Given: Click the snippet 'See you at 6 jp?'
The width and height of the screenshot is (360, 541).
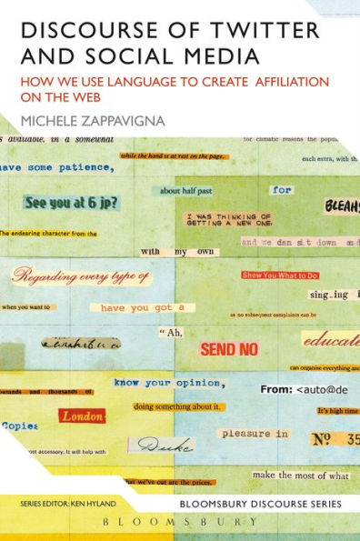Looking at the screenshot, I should pos(68,202).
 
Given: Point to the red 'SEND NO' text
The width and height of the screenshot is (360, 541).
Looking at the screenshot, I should pos(229,349).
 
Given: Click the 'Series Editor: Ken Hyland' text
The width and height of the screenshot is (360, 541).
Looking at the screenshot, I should pos(60,503).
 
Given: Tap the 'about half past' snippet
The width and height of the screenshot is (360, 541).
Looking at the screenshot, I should pos(182,191).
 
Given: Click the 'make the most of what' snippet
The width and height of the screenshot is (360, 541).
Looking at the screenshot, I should pos(299,476).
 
